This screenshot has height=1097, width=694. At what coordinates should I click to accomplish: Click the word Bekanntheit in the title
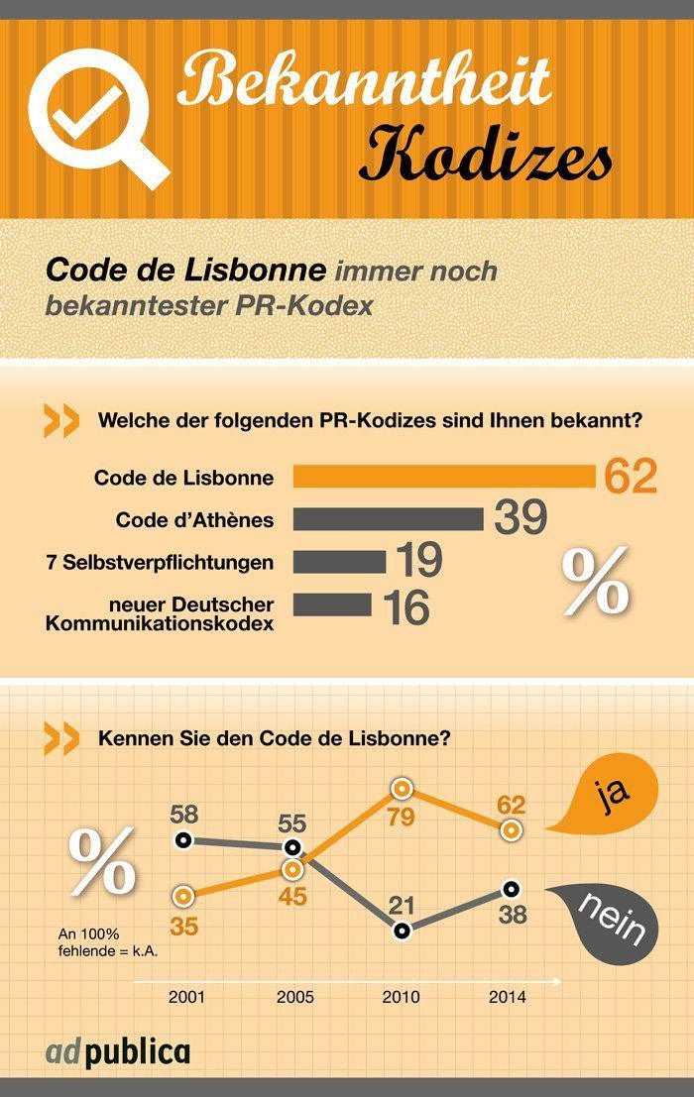pos(363,83)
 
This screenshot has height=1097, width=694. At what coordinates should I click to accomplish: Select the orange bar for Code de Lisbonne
pos(443,477)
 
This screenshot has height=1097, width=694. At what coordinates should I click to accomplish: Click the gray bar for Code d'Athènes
pos(388,519)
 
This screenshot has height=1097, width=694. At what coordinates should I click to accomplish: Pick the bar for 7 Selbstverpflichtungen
pos(339,563)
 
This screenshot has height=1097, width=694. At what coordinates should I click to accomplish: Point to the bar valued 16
pos(332,604)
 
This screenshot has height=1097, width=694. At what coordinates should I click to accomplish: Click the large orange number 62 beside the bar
pos(631,477)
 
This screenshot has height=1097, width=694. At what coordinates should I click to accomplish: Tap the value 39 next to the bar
pos(520,519)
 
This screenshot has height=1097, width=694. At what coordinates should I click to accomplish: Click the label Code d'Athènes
pos(194,519)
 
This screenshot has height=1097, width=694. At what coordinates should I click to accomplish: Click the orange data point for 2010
pos(402,789)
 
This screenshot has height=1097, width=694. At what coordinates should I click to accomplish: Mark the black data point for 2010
pos(402,931)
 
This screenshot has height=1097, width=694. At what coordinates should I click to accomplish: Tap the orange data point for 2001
pos(181,896)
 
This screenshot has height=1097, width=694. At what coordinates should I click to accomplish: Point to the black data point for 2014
pos(511,889)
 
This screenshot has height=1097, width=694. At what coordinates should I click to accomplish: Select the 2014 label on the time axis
pos(508,997)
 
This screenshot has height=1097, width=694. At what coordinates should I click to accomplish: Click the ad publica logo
pos(117,1050)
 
